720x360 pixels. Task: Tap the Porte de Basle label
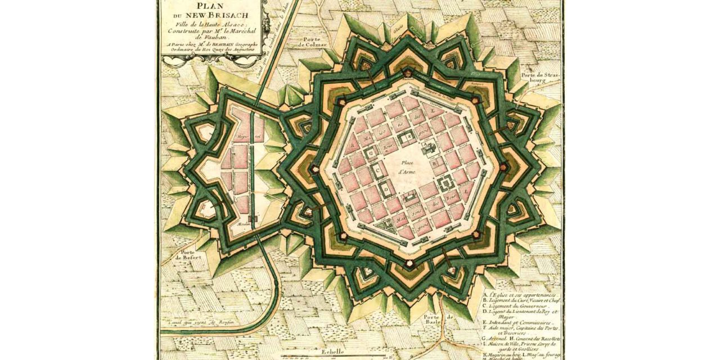coord(439,320)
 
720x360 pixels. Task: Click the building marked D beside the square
coord(388,190)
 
